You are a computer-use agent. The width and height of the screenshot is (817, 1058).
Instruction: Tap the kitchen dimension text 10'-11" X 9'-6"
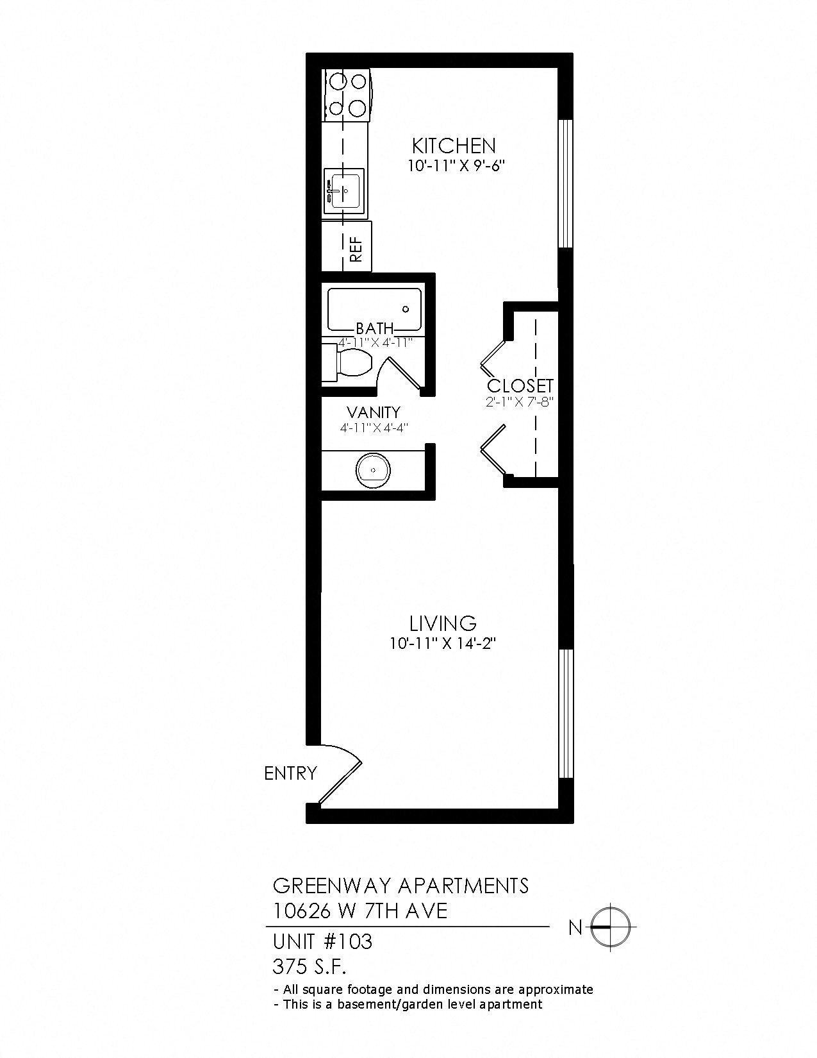[456, 165]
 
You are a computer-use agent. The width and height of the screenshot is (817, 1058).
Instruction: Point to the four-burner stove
[347, 95]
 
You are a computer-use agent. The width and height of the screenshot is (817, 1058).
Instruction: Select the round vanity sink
[372, 469]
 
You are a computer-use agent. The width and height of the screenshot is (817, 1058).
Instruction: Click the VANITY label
[373, 412]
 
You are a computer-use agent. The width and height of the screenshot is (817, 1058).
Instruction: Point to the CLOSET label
[520, 386]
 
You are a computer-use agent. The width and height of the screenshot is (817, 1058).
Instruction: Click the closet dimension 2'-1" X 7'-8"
[519, 403]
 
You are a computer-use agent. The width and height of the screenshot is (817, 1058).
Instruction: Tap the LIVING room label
[443, 623]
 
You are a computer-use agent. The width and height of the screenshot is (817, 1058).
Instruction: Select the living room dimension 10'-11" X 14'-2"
[443, 643]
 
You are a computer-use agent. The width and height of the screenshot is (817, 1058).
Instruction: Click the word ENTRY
[290, 773]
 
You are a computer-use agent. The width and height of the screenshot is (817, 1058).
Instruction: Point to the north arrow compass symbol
[609, 927]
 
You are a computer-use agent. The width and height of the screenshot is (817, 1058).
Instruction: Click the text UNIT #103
[322, 942]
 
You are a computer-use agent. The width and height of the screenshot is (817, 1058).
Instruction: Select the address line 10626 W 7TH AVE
[359, 911]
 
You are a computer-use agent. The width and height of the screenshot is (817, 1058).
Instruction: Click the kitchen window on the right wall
[565, 183]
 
